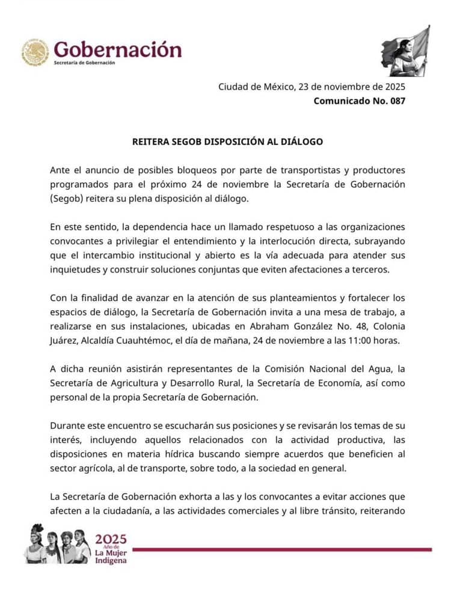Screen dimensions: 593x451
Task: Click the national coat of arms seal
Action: [x=35, y=52]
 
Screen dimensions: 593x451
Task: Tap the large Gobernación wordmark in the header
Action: [x=117, y=49]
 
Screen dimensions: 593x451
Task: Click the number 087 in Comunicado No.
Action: [x=394, y=101]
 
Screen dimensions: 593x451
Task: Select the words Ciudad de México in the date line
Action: [x=255, y=87]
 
